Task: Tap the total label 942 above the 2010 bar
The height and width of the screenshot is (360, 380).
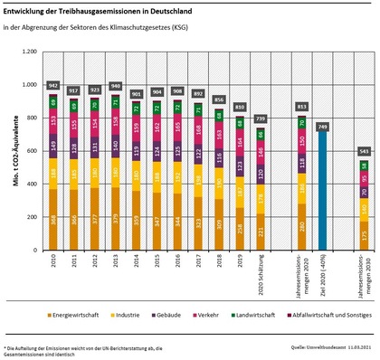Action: pyautogui.click(x=53, y=84)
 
